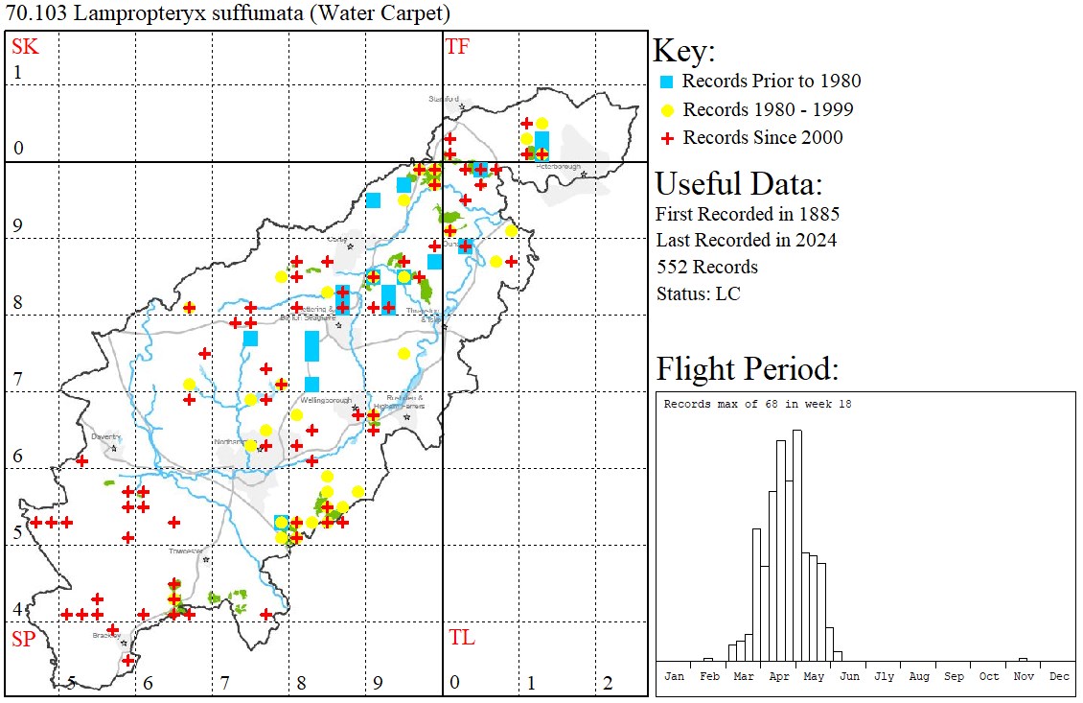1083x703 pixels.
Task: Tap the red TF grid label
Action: (x=457, y=46)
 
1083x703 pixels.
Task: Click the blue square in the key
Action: (x=667, y=82)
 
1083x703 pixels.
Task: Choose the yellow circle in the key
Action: (x=667, y=109)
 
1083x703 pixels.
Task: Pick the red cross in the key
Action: (x=667, y=138)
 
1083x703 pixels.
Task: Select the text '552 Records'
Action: (x=706, y=267)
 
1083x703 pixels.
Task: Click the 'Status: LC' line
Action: (x=698, y=293)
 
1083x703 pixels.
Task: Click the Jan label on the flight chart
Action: (x=675, y=676)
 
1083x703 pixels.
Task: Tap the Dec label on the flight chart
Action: (x=1059, y=676)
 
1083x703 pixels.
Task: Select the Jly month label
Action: (x=884, y=676)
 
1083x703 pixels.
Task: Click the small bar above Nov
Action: (x=1023, y=659)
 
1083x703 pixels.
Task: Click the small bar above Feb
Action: (x=708, y=659)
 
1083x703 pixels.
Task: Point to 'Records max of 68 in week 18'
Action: (x=757, y=404)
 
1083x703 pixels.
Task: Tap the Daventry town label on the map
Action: (x=105, y=436)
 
